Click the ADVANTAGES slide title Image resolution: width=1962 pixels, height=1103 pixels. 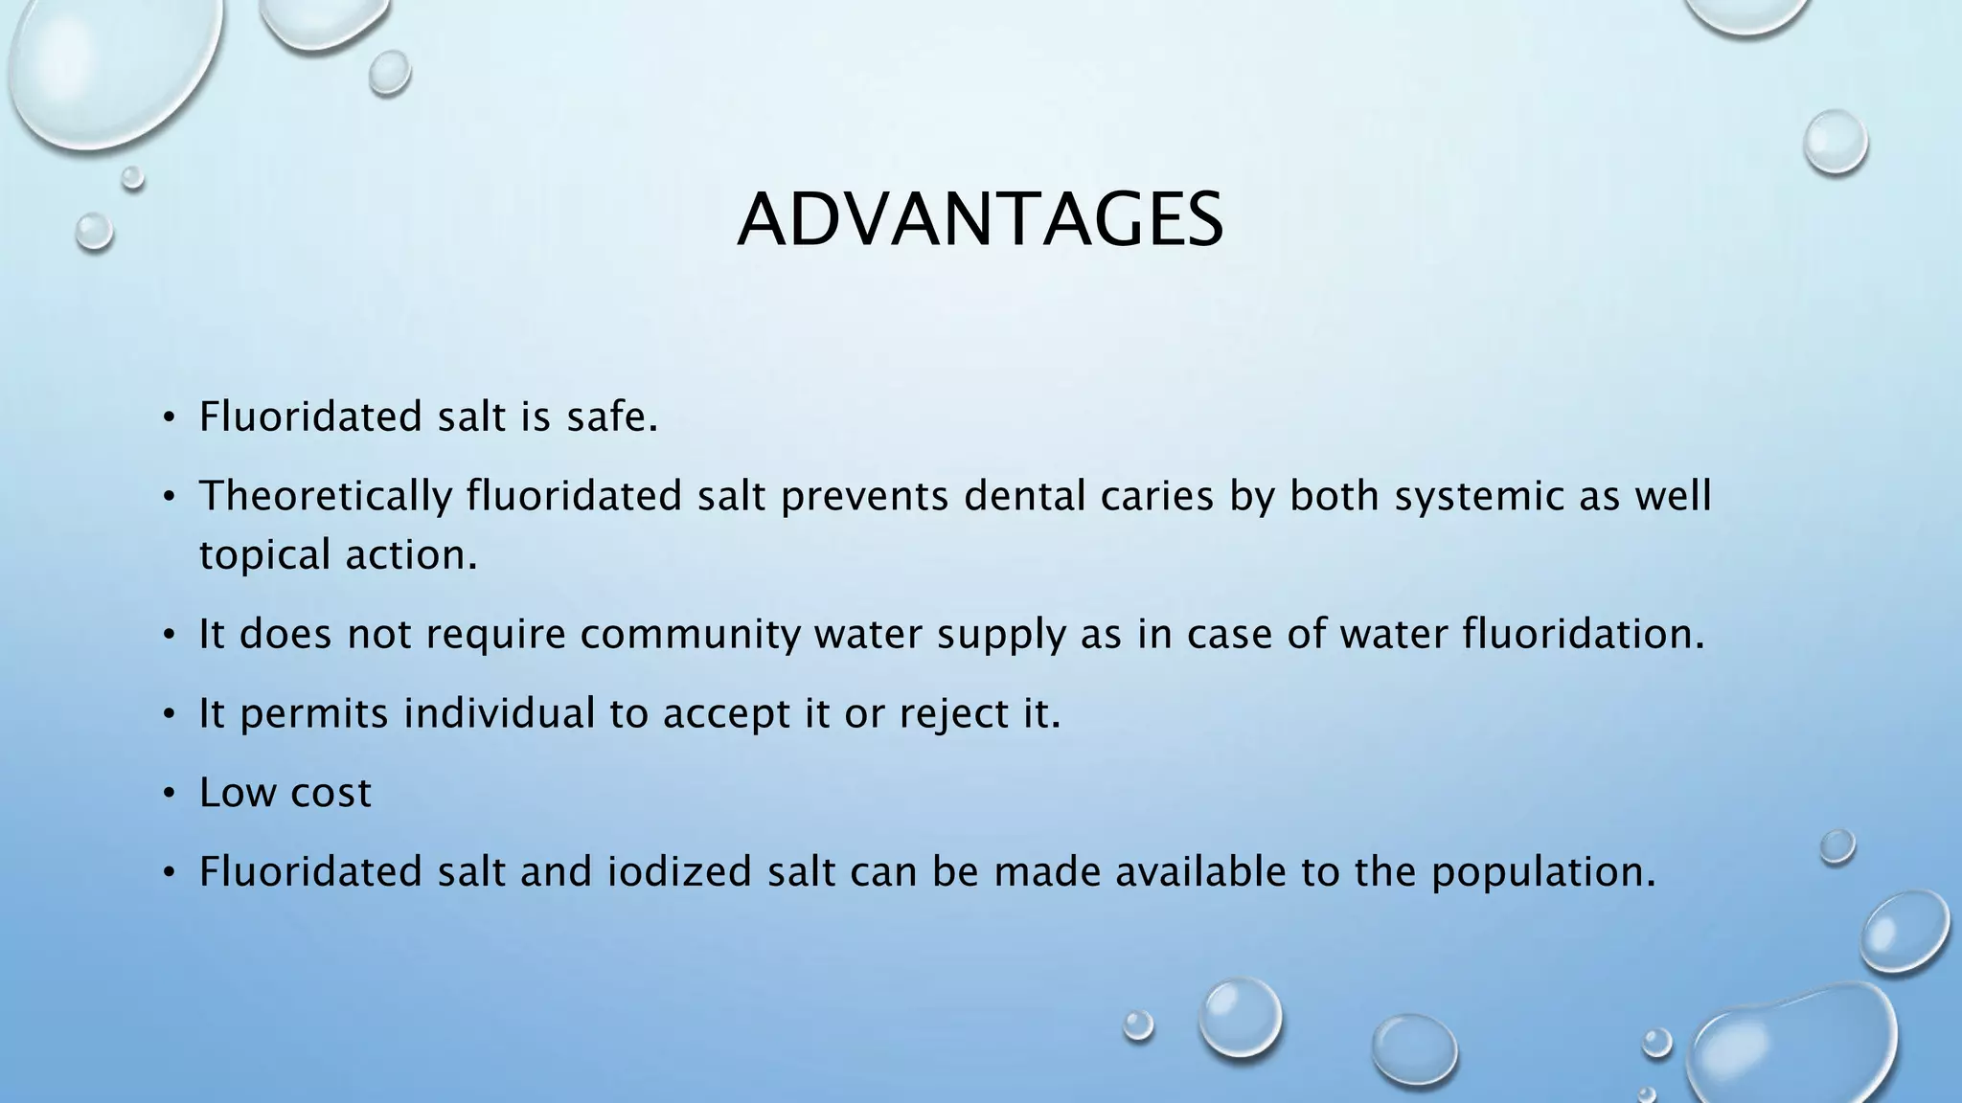[x=980, y=220]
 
